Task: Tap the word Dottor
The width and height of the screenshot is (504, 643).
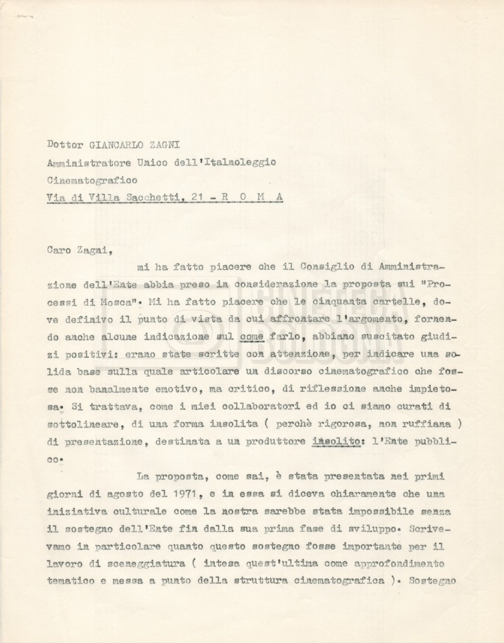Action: point(65,143)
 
